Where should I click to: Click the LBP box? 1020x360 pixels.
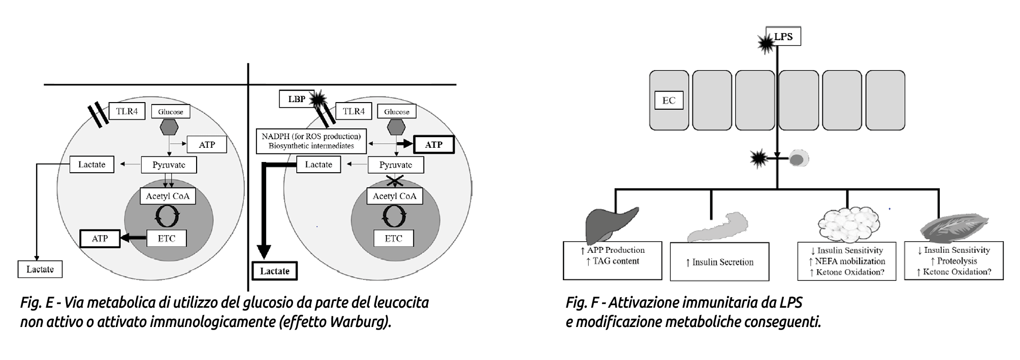pyautogui.click(x=296, y=99)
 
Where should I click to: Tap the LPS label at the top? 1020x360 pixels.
pyautogui.click(x=783, y=37)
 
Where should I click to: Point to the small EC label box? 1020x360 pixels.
pyautogui.click(x=668, y=101)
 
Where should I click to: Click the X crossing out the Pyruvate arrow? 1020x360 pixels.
pyautogui.click(x=395, y=180)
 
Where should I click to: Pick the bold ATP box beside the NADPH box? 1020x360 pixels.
pyautogui.click(x=433, y=145)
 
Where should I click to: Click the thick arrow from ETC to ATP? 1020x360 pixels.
pyautogui.click(x=134, y=238)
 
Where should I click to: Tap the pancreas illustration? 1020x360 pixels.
pyautogui.click(x=718, y=225)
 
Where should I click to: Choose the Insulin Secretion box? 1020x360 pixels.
pyautogui.click(x=719, y=262)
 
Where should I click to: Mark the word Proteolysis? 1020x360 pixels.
pyautogui.click(x=957, y=261)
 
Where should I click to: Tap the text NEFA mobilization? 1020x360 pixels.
pyautogui.click(x=850, y=261)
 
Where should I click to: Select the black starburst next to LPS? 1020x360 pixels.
pyautogui.click(x=766, y=44)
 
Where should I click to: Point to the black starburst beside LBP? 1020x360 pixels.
pyautogui.click(x=319, y=100)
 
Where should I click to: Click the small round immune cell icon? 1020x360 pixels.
pyautogui.click(x=798, y=159)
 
